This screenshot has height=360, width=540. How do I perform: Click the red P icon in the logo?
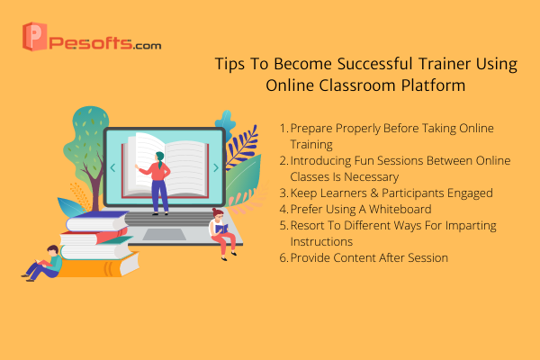(x=34, y=37)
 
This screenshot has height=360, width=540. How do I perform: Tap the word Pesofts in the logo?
(x=91, y=43)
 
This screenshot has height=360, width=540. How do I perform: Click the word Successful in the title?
(x=374, y=65)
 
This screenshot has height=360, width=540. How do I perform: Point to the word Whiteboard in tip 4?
(x=400, y=209)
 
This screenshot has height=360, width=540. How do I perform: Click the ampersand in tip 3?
(x=374, y=193)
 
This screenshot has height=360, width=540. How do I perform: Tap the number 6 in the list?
(x=283, y=257)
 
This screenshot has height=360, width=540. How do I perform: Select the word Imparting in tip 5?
(x=471, y=226)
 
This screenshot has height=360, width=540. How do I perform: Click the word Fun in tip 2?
(x=364, y=160)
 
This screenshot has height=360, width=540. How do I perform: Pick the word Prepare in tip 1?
(x=311, y=129)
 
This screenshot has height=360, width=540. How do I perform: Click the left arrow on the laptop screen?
(x=112, y=167)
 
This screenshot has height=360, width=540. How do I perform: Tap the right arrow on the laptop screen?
(x=216, y=167)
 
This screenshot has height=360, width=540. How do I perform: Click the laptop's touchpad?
(x=165, y=234)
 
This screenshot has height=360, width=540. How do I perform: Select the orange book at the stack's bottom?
(x=100, y=266)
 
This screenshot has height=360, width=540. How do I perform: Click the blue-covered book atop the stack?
(x=97, y=220)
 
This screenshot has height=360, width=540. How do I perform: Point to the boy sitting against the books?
(x=43, y=263)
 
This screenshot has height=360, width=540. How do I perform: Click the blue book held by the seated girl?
(x=221, y=229)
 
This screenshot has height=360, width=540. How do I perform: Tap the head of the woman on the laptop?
(x=160, y=157)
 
